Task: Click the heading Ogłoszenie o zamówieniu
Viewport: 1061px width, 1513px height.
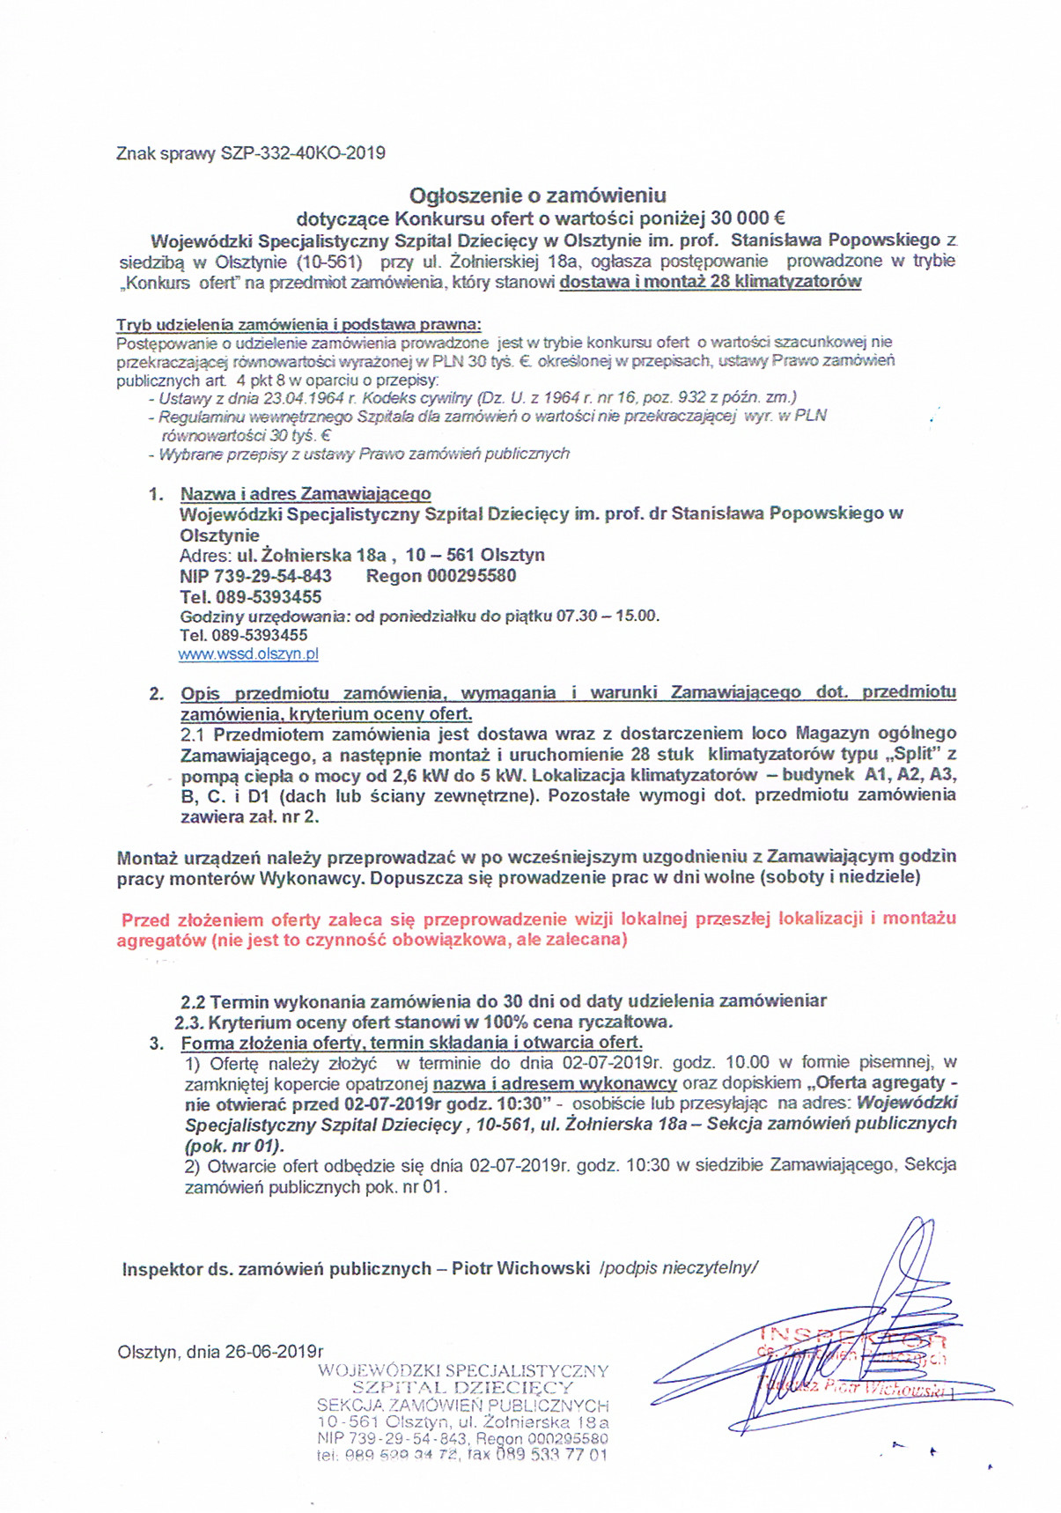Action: [538, 195]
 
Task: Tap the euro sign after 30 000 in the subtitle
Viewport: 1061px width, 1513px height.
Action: [779, 217]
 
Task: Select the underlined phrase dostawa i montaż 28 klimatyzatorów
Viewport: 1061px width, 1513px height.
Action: [711, 282]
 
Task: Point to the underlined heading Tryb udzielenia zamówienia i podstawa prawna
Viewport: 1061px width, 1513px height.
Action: [299, 323]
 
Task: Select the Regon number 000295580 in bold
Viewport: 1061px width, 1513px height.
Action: [471, 576]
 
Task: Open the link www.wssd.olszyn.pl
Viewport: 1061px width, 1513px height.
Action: [248, 654]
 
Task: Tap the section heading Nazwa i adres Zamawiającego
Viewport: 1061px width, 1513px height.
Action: [306, 493]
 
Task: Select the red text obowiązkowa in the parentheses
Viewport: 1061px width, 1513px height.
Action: [460, 940]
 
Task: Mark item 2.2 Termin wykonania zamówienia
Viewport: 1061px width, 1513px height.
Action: [503, 1000]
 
